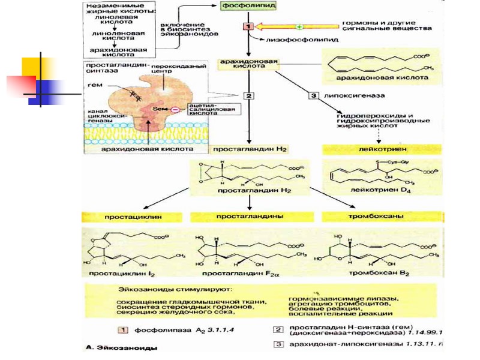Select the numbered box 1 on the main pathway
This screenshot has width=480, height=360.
pos(248,26)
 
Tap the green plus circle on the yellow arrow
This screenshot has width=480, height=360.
pos(298,26)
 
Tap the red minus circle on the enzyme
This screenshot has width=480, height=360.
pos(174,109)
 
